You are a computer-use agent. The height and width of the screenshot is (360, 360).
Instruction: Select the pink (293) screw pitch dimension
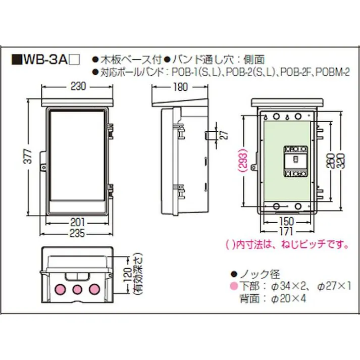click(x=244, y=161)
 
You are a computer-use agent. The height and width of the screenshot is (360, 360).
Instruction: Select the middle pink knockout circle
click(x=77, y=289)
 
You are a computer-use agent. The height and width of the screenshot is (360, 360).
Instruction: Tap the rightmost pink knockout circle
click(x=94, y=289)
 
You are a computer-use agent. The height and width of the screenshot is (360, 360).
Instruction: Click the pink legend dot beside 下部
click(x=233, y=286)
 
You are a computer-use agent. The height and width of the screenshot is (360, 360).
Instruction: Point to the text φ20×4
click(x=288, y=298)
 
